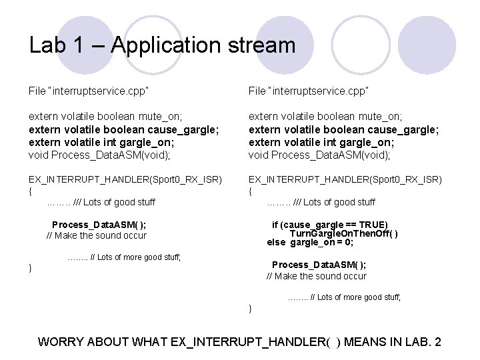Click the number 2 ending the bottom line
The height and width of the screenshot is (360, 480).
pyautogui.click(x=437, y=342)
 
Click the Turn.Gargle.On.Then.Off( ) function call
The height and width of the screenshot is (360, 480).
pyautogui.click(x=344, y=233)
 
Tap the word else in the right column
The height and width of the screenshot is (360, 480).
pyautogui.click(x=276, y=242)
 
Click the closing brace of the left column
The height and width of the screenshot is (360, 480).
pyautogui.click(x=30, y=268)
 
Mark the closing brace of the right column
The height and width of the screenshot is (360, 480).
pyautogui.click(x=250, y=309)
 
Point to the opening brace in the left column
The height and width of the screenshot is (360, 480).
pyautogui.click(x=30, y=191)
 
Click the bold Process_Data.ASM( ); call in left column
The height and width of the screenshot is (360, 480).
pyautogui.click(x=99, y=225)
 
